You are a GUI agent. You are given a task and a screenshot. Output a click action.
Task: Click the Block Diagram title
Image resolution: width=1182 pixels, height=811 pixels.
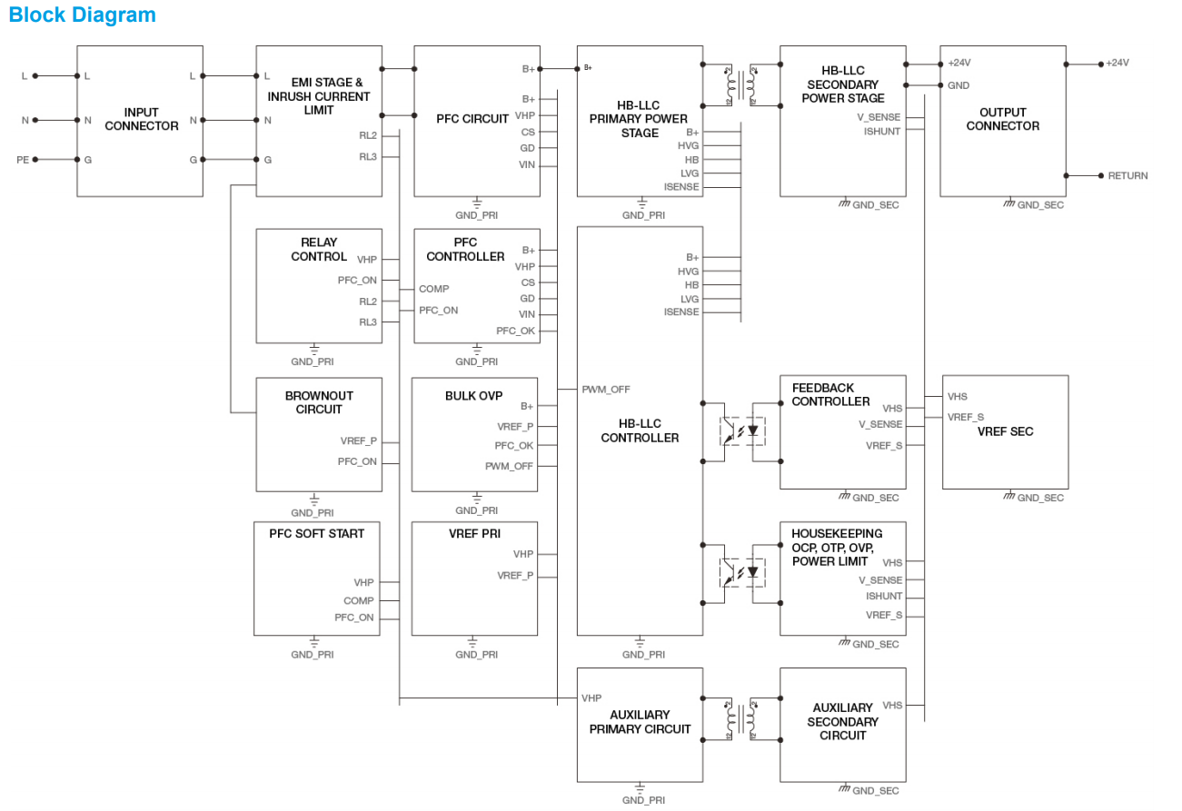[x=83, y=15]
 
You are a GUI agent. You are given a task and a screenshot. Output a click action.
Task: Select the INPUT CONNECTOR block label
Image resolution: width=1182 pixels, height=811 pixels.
[x=141, y=119]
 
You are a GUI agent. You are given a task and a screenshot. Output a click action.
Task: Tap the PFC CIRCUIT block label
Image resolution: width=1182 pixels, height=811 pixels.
[x=472, y=119]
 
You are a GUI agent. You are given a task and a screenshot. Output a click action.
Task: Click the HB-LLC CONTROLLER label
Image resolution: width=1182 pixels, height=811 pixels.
[x=640, y=430]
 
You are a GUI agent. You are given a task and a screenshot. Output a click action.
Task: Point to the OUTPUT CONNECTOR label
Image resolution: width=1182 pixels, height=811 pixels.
[x=1002, y=119]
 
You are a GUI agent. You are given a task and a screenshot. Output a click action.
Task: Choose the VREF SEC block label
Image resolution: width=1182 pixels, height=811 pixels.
[x=1006, y=431]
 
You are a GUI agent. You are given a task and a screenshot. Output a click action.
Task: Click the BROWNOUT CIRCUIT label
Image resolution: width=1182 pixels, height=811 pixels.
[x=319, y=402]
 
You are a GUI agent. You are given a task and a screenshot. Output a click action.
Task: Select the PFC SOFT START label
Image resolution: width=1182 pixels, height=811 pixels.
[x=316, y=534]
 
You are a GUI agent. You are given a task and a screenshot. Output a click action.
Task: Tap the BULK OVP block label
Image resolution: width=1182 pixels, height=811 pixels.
[x=473, y=396]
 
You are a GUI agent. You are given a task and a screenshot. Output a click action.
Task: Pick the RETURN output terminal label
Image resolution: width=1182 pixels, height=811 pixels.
[x=1127, y=175]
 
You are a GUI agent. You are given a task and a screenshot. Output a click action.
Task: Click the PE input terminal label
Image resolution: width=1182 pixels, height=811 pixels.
[x=23, y=160]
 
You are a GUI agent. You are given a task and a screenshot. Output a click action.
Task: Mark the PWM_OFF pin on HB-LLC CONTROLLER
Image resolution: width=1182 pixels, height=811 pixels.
[x=606, y=389]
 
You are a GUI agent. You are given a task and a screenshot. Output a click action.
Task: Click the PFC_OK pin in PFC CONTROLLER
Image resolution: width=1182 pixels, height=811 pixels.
[x=515, y=331]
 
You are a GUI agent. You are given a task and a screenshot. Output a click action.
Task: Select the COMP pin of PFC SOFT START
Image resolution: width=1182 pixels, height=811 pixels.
[x=358, y=600]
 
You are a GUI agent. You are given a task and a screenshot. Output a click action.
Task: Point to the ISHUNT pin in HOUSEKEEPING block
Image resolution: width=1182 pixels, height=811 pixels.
[x=884, y=597]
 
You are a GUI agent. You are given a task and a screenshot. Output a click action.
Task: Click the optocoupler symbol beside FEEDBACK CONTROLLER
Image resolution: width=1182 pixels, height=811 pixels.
[x=741, y=430]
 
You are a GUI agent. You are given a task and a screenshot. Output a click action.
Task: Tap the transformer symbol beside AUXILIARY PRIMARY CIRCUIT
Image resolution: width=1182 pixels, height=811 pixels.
[x=741, y=720]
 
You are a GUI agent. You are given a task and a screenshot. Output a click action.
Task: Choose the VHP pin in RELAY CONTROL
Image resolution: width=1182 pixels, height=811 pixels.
[x=367, y=260]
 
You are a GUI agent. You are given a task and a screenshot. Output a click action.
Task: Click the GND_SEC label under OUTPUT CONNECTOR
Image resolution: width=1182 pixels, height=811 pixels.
[x=1039, y=205]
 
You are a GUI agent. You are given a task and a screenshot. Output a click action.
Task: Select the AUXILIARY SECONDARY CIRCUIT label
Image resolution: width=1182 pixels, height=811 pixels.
[x=842, y=721]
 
